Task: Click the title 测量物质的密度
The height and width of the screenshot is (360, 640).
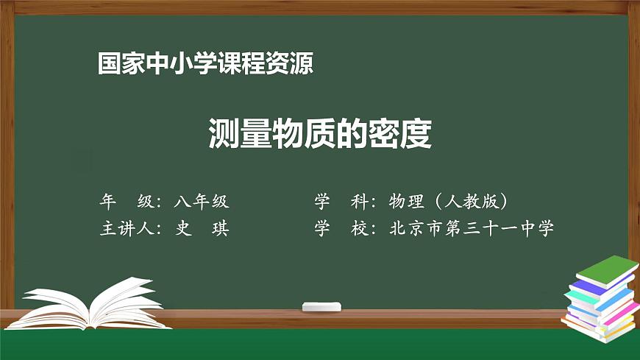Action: click(319, 133)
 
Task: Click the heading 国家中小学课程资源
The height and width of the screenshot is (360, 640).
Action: click(205, 64)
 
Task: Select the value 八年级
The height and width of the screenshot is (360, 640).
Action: click(202, 201)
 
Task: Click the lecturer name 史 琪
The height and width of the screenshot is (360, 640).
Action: click(202, 229)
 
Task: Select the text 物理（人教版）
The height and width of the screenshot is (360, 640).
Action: click(450, 201)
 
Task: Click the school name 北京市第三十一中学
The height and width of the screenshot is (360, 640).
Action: click(472, 229)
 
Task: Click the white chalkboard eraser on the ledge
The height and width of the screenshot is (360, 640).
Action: click(322, 306)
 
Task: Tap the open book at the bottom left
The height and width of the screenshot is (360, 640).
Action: click(88, 303)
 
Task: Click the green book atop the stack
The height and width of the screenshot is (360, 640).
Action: click(608, 270)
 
